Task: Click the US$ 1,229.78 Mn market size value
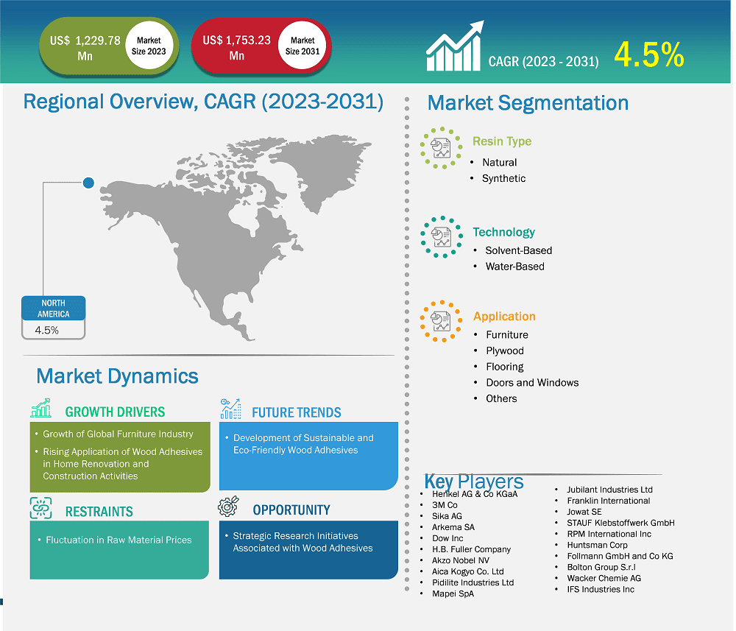point(85,48)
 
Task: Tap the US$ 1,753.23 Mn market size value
point(237,48)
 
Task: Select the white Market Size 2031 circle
point(302,46)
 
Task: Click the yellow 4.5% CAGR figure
point(648,55)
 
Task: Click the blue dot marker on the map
point(88,182)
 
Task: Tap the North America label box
point(53,309)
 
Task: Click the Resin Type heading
point(501,141)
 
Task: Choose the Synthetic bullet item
point(503,178)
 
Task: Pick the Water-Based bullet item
point(514,267)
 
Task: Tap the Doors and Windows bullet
point(531,382)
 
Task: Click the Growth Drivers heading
point(115,412)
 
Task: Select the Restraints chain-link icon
point(41,508)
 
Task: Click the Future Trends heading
point(296,412)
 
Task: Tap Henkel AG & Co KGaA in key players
point(475,494)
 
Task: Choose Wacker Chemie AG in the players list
point(604,578)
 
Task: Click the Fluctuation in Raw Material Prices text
point(118,540)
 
